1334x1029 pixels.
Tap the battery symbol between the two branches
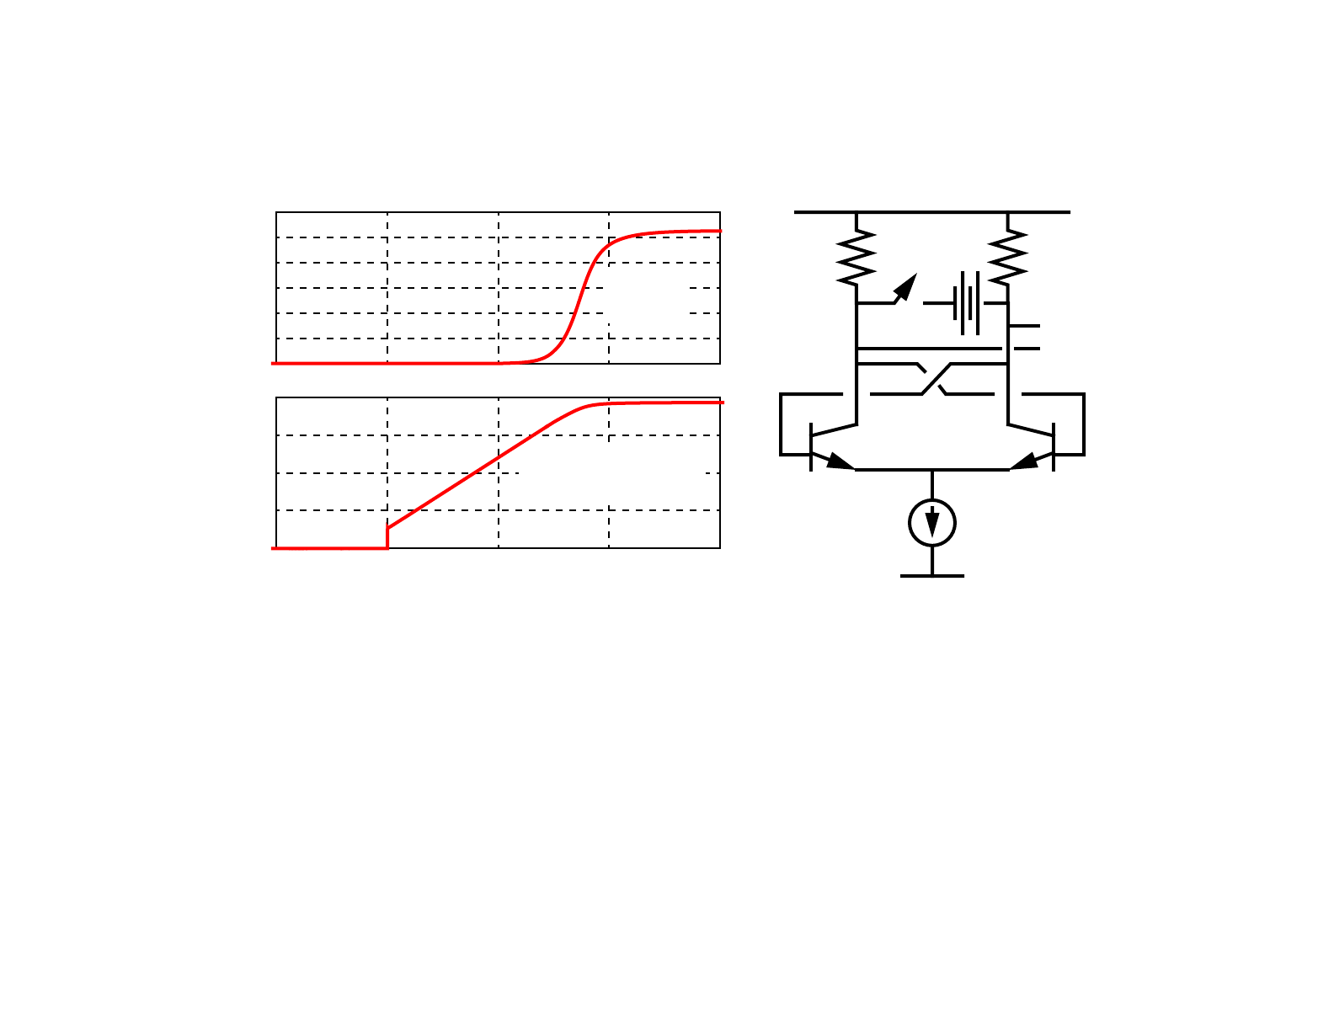click(x=968, y=303)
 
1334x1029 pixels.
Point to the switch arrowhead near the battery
click(x=906, y=286)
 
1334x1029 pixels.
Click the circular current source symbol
click(x=932, y=523)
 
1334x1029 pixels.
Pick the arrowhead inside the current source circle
click(x=932, y=526)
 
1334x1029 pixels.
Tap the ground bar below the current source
click(x=932, y=576)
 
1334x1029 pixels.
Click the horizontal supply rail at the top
click(x=932, y=212)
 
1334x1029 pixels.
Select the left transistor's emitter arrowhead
click(x=840, y=462)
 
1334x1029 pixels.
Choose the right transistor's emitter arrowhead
click(x=1024, y=462)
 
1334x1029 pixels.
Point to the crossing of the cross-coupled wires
click(x=932, y=379)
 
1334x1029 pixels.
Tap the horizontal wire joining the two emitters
click(x=932, y=470)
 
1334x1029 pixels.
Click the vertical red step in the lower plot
click(x=387, y=538)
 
